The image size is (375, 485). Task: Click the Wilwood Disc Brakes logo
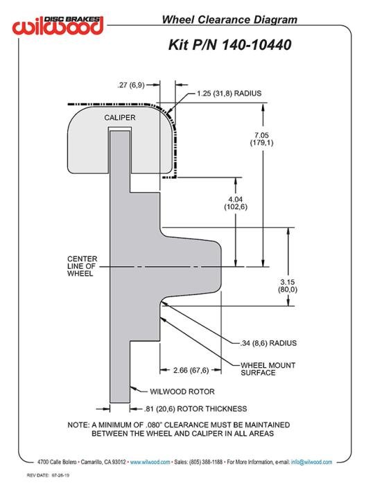coord(58,25)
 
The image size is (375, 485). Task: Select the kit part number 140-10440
coord(256,45)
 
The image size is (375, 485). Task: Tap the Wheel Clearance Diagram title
coord(229,19)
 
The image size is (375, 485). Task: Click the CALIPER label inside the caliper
coord(120,118)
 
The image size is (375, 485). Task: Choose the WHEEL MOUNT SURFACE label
coord(268,369)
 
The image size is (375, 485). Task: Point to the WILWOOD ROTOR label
coord(182,391)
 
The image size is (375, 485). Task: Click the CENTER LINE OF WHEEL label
coord(82,266)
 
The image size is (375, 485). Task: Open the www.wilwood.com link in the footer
coord(150,462)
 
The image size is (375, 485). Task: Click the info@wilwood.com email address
coord(311,462)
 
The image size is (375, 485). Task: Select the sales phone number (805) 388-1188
coord(206,462)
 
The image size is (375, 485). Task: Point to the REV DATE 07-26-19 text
coord(48,475)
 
